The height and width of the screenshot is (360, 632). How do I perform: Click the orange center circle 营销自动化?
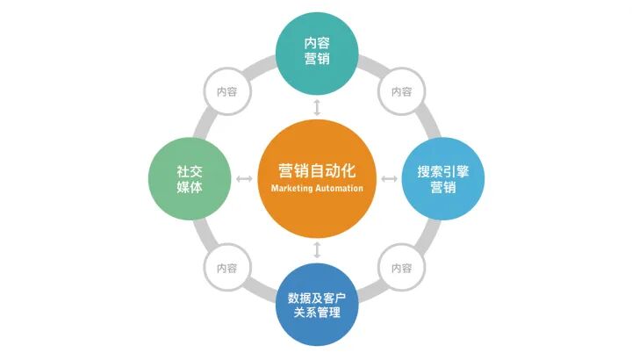(x=316, y=180)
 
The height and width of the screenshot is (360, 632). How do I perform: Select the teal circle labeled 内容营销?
(x=316, y=51)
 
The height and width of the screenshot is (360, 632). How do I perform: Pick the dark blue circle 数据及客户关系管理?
(x=316, y=304)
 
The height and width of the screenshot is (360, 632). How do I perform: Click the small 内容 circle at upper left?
(x=226, y=90)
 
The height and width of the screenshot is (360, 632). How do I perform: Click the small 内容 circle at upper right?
(x=402, y=90)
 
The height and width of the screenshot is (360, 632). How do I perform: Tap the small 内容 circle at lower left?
(x=226, y=267)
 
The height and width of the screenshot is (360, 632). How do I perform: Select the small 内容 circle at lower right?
(x=402, y=267)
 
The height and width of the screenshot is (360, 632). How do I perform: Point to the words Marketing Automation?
(x=316, y=189)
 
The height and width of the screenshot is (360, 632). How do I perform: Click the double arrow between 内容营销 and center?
(x=316, y=107)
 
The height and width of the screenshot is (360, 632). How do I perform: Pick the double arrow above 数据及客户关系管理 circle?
(x=316, y=250)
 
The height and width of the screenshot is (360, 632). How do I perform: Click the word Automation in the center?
(x=338, y=189)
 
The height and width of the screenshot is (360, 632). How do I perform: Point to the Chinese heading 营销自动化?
(x=316, y=169)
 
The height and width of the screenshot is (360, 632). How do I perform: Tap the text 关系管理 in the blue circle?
(x=316, y=313)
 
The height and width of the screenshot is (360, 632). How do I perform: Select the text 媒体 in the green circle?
(x=189, y=187)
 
